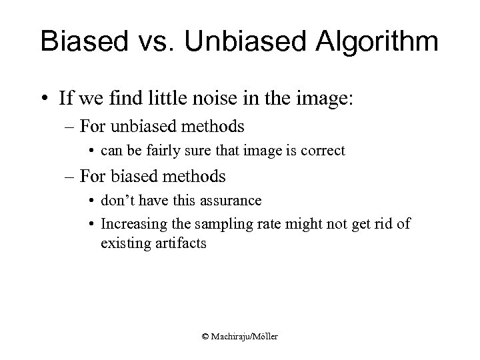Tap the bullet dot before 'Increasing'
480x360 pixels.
93,224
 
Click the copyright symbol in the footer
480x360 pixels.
205,337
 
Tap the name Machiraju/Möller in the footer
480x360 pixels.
244,337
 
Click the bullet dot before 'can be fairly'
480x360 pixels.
93,151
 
